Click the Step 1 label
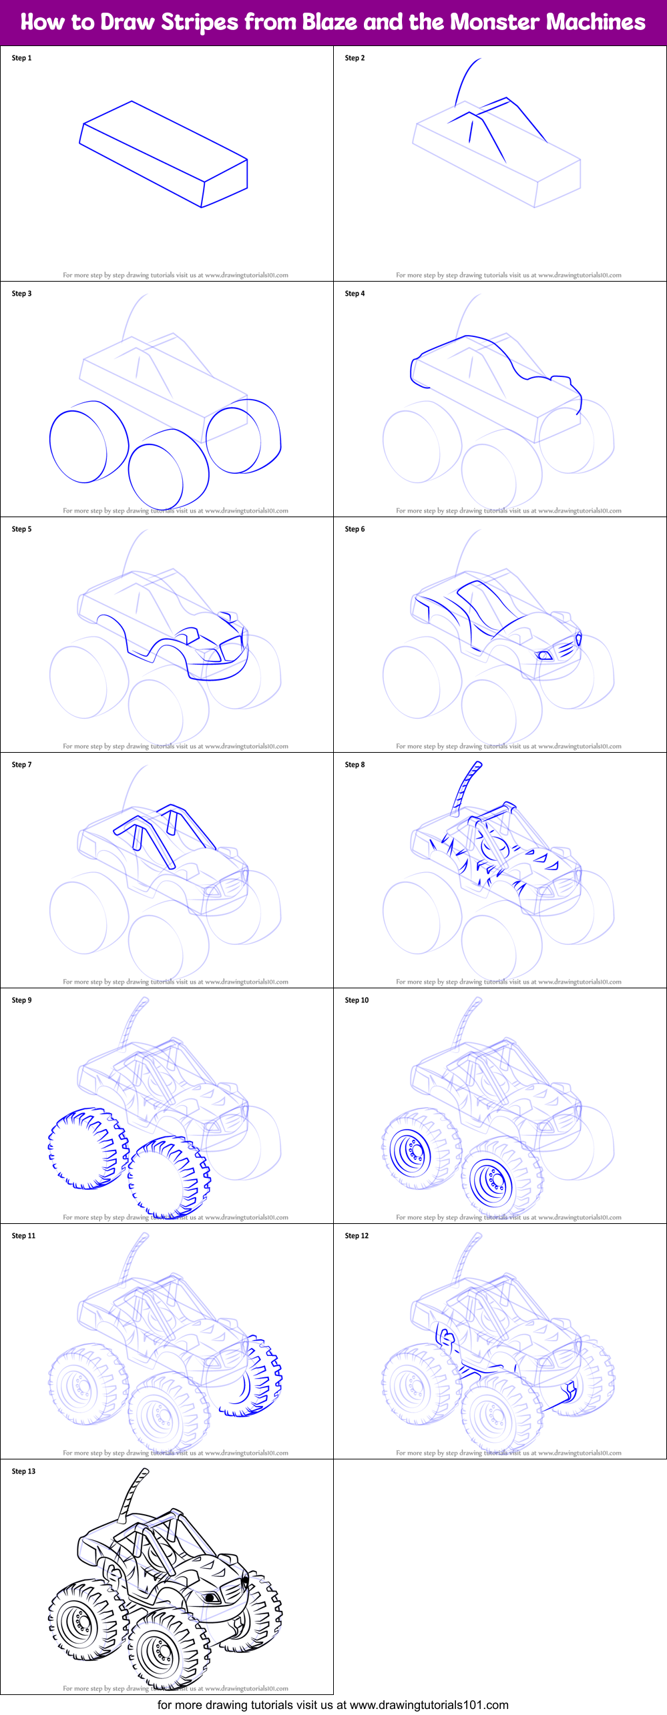tap(21, 58)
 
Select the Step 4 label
tap(355, 294)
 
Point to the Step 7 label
tap(21, 765)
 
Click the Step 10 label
tap(357, 1000)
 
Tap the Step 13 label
tap(23, 1471)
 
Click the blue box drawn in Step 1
tap(164, 153)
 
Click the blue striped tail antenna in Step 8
tap(465, 788)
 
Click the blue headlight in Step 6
tap(545, 656)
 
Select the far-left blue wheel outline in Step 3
tap(78, 446)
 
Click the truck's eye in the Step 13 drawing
tap(212, 1598)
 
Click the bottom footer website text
tap(332, 1705)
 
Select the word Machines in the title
tap(596, 23)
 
